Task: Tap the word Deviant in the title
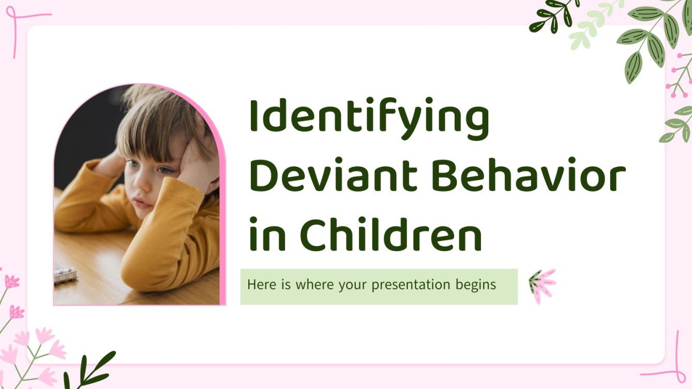pos(333,176)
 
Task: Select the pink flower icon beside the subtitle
pos(541,285)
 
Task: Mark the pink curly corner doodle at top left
pos(21,26)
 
